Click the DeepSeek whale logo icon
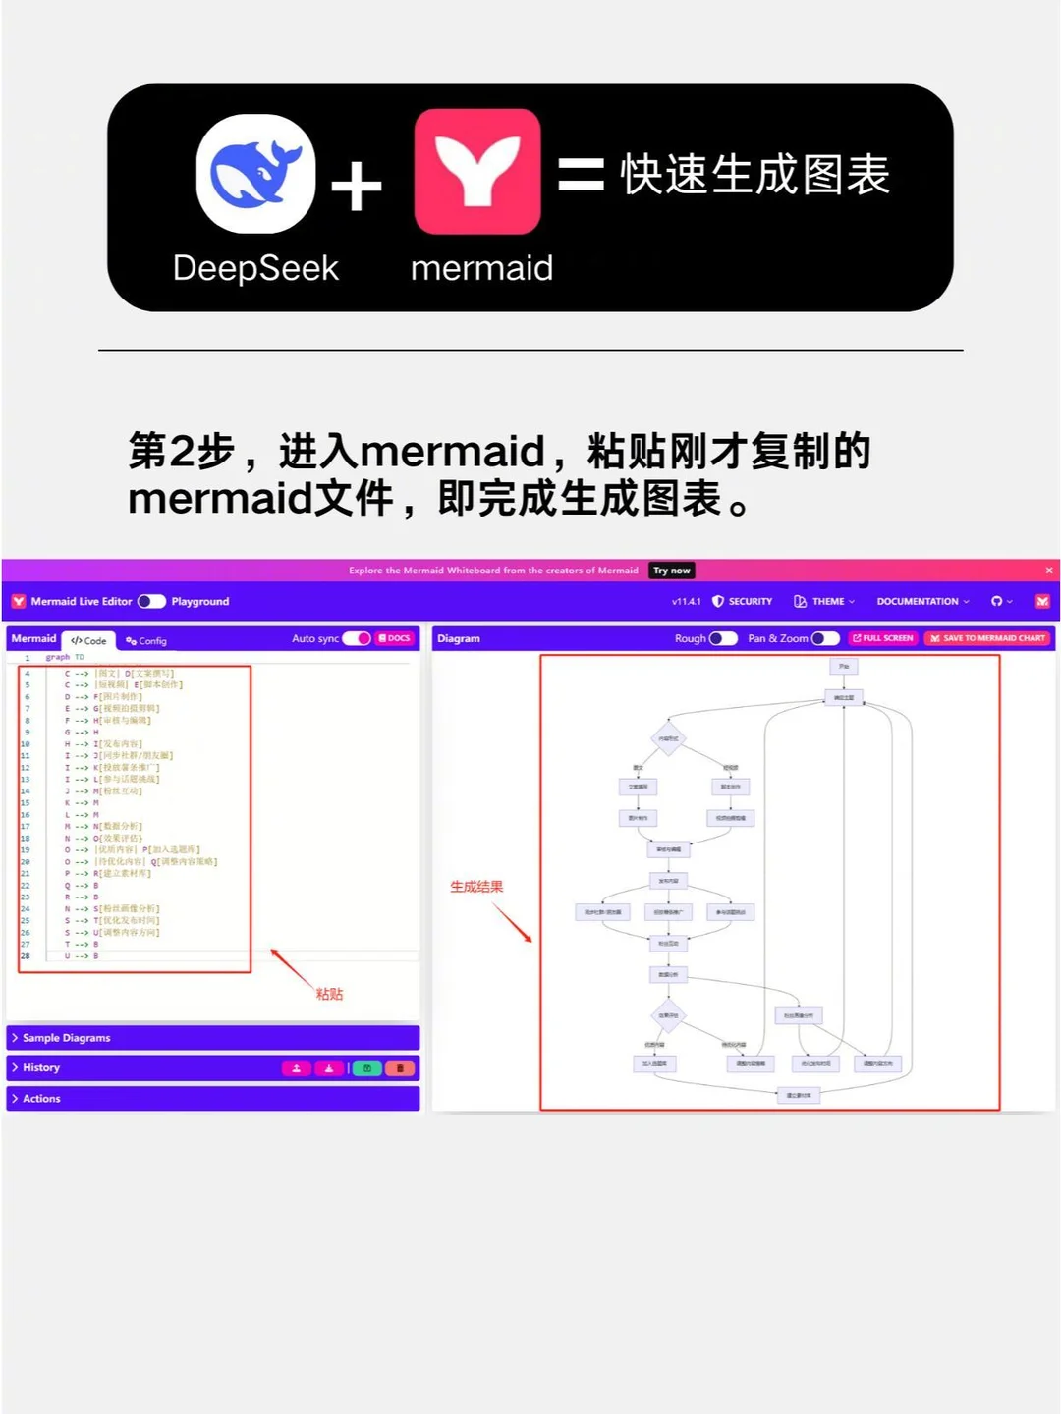click(256, 174)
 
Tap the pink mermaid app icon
click(477, 172)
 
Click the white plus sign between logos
click(356, 187)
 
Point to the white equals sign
click(581, 175)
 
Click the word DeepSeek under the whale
click(255, 268)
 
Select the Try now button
click(672, 571)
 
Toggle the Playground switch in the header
click(151, 601)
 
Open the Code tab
click(89, 640)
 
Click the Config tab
click(146, 640)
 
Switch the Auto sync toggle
click(356, 638)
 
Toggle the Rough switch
click(723, 638)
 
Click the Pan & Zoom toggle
click(825, 638)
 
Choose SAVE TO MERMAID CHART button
click(987, 638)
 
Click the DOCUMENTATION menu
click(922, 601)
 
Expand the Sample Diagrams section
click(66, 1038)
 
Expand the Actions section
click(41, 1099)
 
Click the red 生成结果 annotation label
click(476, 887)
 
